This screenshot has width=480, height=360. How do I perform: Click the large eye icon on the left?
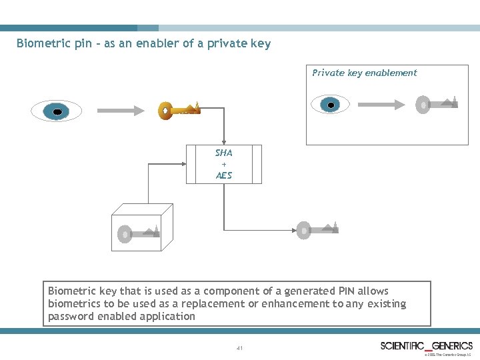[x=57, y=111]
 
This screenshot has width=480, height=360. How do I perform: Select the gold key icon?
[x=179, y=110]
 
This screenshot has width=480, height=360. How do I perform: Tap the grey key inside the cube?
[x=139, y=233]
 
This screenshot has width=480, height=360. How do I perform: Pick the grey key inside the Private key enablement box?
[x=437, y=104]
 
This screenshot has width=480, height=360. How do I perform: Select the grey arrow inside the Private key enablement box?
[x=382, y=103]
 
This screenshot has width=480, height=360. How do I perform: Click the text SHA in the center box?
[x=223, y=153]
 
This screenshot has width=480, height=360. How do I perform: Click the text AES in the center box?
[x=223, y=175]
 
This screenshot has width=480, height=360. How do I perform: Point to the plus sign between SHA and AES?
[x=224, y=164]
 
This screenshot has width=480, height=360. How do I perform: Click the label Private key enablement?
[x=365, y=73]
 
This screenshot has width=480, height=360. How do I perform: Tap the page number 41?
[x=239, y=348]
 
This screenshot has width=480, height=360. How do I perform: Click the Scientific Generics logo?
[x=427, y=345]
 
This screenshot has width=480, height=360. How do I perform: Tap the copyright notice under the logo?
[x=449, y=355]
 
